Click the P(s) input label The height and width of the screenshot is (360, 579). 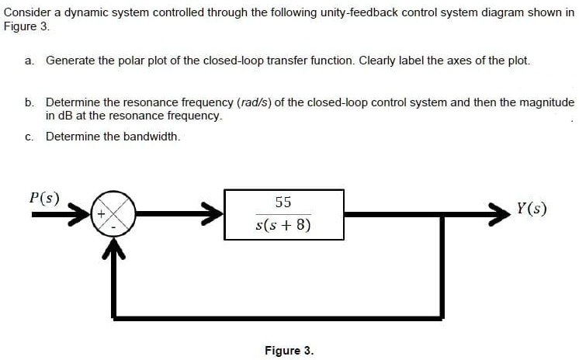tap(44, 199)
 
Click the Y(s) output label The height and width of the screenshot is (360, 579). tap(532, 209)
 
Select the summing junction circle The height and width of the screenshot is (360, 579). tap(114, 214)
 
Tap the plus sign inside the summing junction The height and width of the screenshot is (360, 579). tap(100, 214)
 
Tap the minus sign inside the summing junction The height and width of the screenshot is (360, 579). tap(114, 228)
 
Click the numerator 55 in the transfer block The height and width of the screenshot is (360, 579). tap(283, 202)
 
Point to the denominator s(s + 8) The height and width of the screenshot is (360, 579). tap(283, 224)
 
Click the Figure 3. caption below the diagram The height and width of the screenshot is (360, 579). tap(289, 350)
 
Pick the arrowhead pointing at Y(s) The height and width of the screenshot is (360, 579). tap(499, 214)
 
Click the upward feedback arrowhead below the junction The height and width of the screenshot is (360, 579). tap(114, 248)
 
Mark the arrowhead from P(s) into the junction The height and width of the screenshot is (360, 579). tap(80, 214)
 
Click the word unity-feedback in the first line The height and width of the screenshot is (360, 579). tap(373, 13)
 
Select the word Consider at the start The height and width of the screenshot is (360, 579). tap(27, 13)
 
